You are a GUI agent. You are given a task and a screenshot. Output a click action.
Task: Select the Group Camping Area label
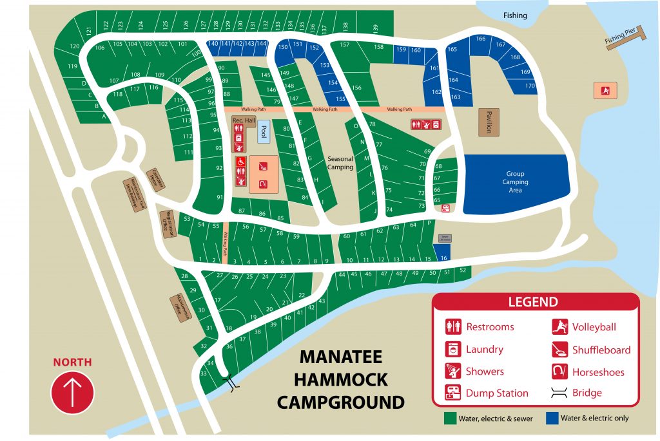515,182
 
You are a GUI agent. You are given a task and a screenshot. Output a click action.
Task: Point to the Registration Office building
167,224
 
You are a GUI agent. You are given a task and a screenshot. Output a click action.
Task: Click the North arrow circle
72,392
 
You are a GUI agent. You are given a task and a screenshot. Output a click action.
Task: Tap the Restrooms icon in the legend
454,326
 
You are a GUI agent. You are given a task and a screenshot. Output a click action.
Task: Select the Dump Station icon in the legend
454,393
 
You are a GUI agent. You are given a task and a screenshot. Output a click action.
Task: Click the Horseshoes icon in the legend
559,371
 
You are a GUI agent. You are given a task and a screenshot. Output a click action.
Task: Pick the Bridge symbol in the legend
559,393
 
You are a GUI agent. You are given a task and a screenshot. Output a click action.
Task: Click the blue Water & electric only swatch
552,418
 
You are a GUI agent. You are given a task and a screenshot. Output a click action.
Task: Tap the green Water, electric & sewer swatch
450,418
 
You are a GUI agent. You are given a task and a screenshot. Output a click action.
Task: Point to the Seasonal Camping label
340,163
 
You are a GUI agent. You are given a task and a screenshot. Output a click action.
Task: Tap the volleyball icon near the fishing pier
605,90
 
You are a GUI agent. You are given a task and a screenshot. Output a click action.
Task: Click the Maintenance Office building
181,308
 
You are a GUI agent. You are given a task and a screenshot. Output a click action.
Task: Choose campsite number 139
375,28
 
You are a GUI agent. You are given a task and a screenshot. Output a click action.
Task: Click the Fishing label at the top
515,15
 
